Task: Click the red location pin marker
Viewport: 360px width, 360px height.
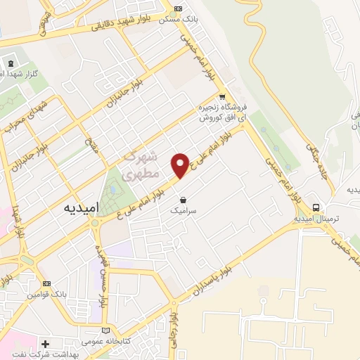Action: (x=181, y=165)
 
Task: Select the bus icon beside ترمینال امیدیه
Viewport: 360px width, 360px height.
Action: (x=317, y=207)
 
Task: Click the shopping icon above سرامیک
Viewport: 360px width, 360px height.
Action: (x=183, y=199)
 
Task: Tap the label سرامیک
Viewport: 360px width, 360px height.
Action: (x=183, y=210)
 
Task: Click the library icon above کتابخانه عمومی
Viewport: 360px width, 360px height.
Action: (x=105, y=330)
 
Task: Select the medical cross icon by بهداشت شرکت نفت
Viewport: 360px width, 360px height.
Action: (x=45, y=344)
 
